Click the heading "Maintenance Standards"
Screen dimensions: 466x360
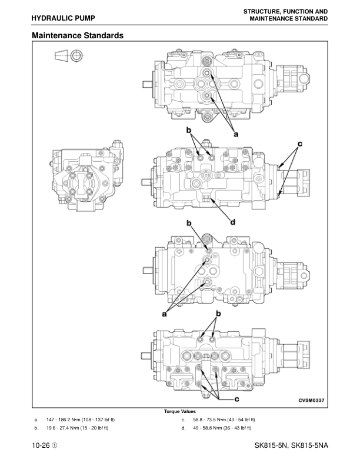click(78, 36)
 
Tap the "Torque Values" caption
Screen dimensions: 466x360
click(180, 411)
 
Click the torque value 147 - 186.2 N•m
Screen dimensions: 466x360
click(81, 420)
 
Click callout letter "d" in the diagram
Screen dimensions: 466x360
click(232, 222)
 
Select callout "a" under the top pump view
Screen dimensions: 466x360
click(236, 134)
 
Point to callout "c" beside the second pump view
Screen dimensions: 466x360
click(299, 143)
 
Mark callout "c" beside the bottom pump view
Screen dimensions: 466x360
click(236, 399)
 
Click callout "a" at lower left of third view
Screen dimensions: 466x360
click(165, 314)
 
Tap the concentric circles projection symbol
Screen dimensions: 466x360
click(77, 56)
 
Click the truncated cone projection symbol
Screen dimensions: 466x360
click(61, 56)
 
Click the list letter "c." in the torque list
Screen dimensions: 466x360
click(184, 420)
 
